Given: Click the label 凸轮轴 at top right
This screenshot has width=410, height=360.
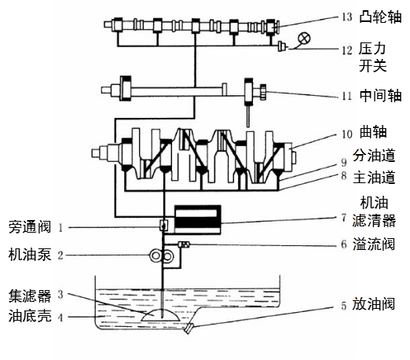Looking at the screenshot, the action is [380, 17].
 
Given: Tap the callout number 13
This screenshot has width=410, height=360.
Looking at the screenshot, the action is [347, 17].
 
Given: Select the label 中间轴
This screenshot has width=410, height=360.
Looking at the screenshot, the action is [380, 95].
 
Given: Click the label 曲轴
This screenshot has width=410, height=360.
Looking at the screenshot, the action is [373, 132].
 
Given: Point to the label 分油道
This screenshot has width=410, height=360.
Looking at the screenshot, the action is [374, 156].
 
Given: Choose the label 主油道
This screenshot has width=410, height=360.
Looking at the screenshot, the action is [374, 178].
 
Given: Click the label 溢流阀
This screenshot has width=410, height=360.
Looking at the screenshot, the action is [374, 244].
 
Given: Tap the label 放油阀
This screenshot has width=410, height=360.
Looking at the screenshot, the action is [373, 304].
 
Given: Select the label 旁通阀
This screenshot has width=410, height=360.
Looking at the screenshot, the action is [30, 227].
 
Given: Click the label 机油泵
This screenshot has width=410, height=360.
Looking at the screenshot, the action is [30, 255].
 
